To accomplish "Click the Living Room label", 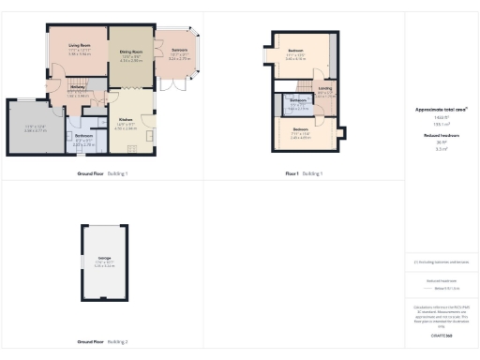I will coord(78,44).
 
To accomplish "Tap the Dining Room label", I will coord(130,52).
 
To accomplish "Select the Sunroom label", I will coord(178,49).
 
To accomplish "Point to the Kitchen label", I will coord(125,119).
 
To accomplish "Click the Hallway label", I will coord(77,87).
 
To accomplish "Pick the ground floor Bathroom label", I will coord(83,135).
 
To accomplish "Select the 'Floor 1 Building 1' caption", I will coord(304,173).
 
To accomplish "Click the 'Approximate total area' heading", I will coord(441,110).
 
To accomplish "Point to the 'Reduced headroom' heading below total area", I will coord(441,135).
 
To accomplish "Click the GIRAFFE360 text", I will coord(441,335).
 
